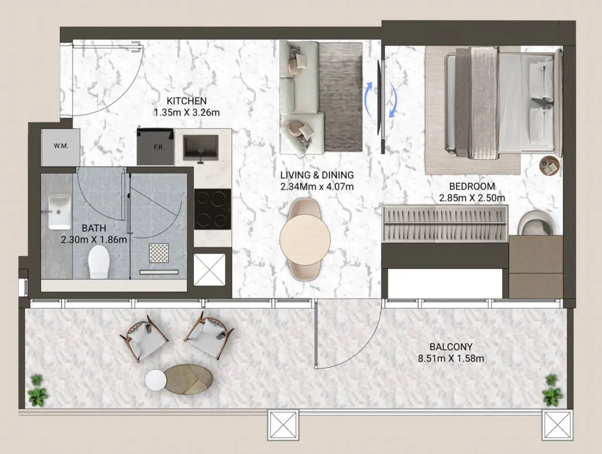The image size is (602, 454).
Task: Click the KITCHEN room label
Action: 187,101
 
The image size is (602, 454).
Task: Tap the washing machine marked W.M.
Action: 61,147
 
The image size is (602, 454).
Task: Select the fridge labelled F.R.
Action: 156,146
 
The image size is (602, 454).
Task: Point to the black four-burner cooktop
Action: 213,209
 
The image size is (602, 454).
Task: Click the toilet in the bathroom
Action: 99,261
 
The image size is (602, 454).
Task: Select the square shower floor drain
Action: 159,253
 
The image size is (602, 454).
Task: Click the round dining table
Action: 305,240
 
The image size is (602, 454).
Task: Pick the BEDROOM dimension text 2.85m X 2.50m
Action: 472,198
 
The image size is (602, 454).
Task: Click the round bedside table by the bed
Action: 549,165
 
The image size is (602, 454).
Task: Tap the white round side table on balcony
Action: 156,380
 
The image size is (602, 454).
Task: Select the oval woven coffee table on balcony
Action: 189,379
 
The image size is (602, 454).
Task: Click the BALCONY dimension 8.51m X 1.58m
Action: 451,358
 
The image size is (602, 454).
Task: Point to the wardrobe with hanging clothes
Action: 445,223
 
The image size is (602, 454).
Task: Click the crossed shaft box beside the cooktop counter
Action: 210,270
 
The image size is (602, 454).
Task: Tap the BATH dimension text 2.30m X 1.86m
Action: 94,240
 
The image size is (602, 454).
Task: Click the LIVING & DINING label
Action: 317,175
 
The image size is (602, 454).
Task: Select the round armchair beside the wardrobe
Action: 536,223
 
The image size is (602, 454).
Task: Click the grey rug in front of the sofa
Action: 341,97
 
